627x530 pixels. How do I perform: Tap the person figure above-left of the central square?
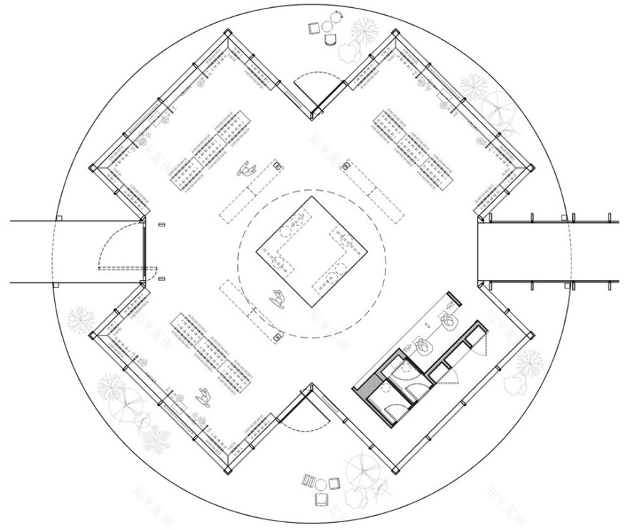pos(247,170)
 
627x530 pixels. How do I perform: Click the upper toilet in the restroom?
pos(449,321)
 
